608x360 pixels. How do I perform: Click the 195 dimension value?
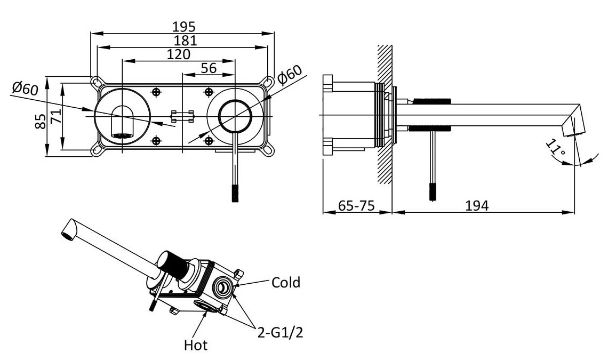[184, 26]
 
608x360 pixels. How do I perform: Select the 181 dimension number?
[184, 40]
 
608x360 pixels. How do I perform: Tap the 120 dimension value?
[179, 54]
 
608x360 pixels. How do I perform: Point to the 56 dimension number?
[209, 68]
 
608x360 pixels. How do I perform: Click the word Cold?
[286, 282]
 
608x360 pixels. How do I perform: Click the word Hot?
[196, 345]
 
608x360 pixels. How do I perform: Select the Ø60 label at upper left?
[25, 89]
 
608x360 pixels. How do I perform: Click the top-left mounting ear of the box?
[97, 81]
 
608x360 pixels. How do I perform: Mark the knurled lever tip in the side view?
[432, 191]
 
